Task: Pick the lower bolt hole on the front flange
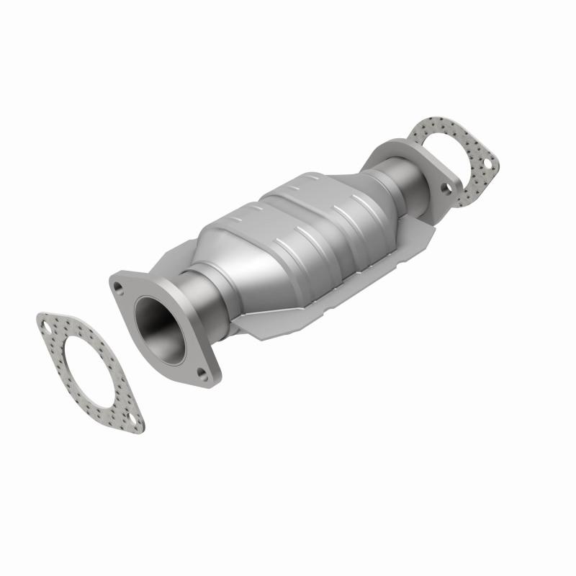coord(203,374)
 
